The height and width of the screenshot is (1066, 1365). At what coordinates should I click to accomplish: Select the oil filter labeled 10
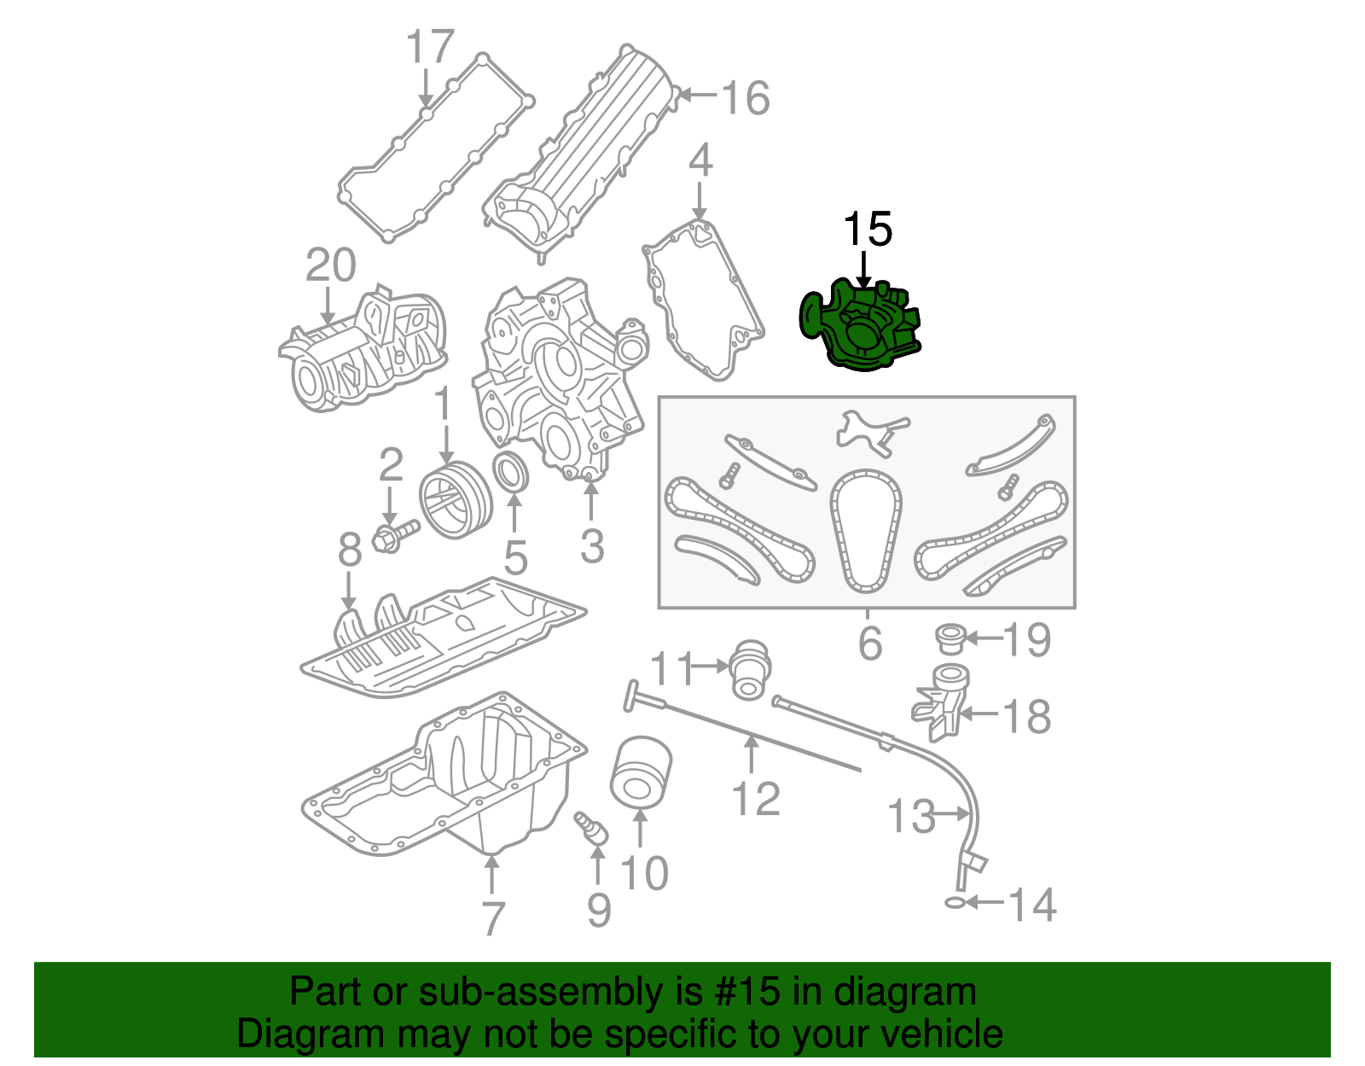click(x=640, y=772)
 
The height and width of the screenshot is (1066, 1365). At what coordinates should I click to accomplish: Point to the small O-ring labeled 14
click(x=955, y=902)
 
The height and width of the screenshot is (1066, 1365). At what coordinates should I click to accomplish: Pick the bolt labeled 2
click(x=394, y=536)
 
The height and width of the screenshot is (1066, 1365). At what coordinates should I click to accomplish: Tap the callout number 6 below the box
click(x=869, y=643)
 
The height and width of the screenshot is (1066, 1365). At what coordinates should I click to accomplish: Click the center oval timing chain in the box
click(x=866, y=531)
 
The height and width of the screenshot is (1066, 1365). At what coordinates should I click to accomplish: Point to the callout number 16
click(x=746, y=98)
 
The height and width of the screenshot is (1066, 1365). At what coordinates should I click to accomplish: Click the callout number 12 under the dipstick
click(x=756, y=799)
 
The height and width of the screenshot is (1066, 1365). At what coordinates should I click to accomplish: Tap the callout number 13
click(x=912, y=816)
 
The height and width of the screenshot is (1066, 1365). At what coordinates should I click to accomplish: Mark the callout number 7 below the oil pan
click(x=493, y=918)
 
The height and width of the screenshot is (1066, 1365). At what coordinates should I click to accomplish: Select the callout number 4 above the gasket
click(x=700, y=160)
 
